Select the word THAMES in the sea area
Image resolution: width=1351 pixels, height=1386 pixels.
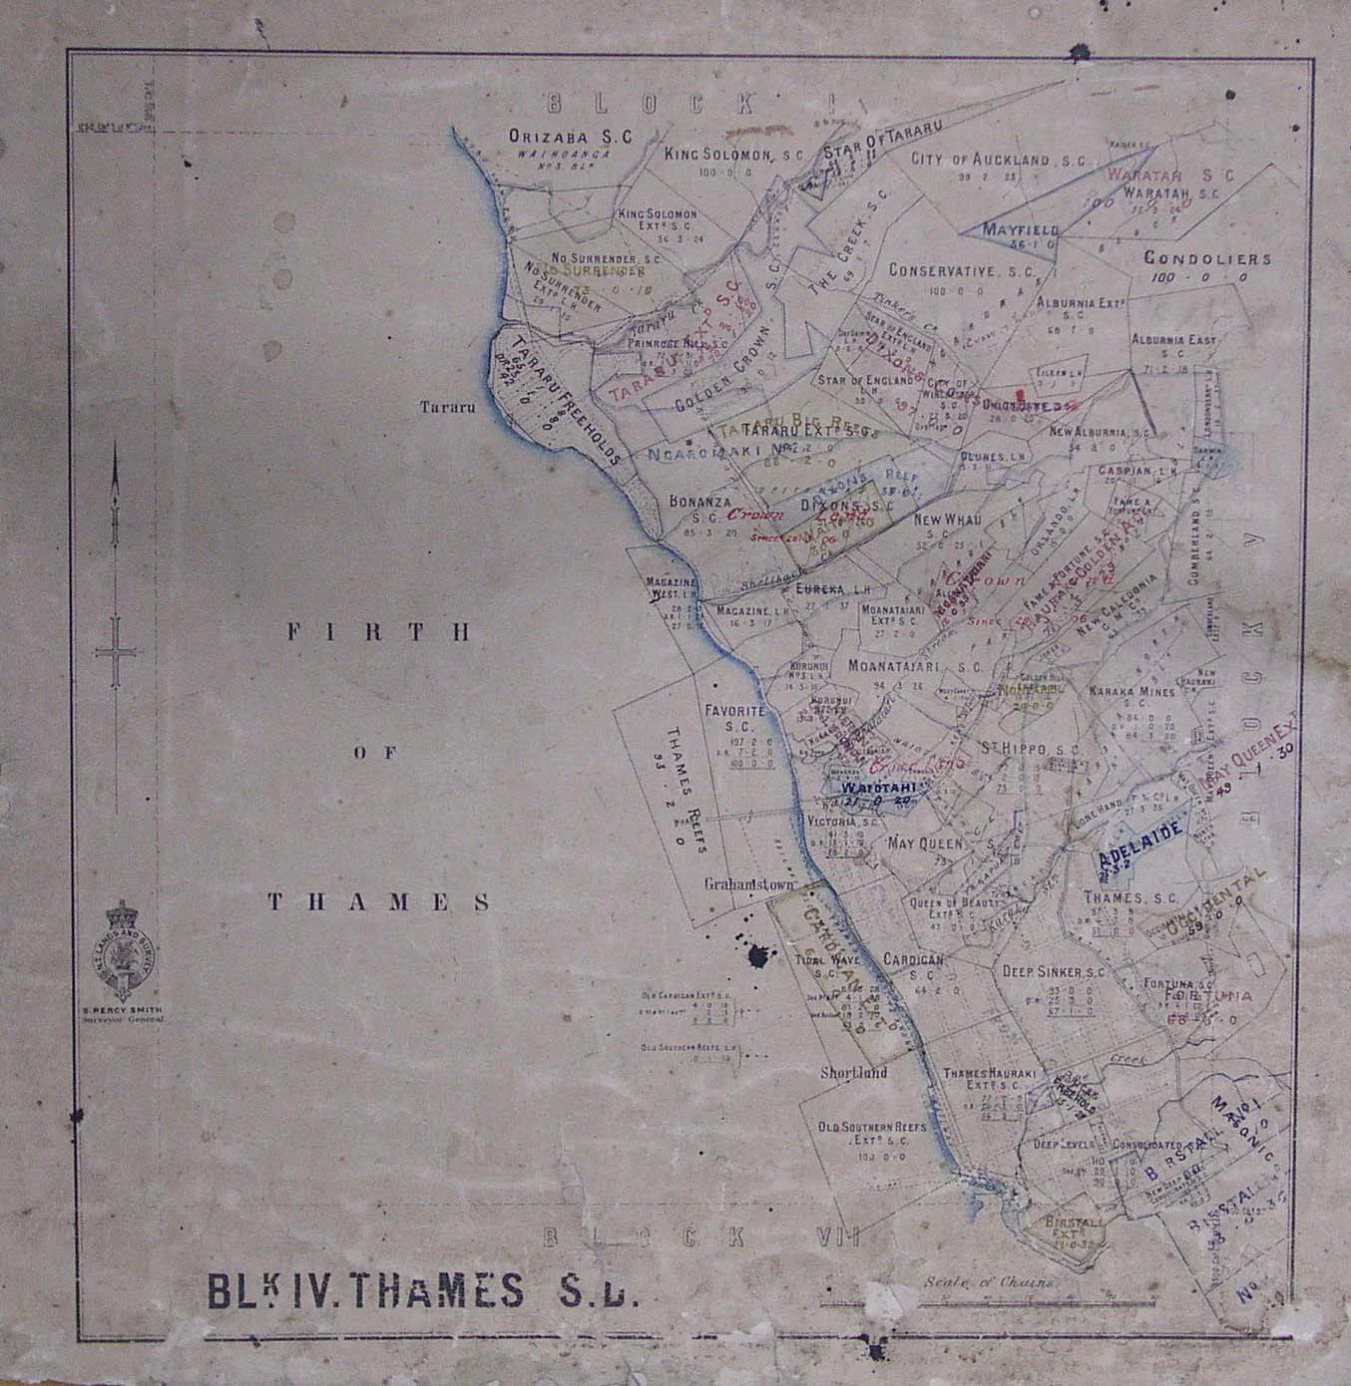pyautogui.click(x=379, y=901)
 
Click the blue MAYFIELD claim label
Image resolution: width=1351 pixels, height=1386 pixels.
pyautogui.click(x=1011, y=229)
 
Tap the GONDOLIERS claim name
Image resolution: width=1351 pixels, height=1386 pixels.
pyautogui.click(x=1207, y=259)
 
